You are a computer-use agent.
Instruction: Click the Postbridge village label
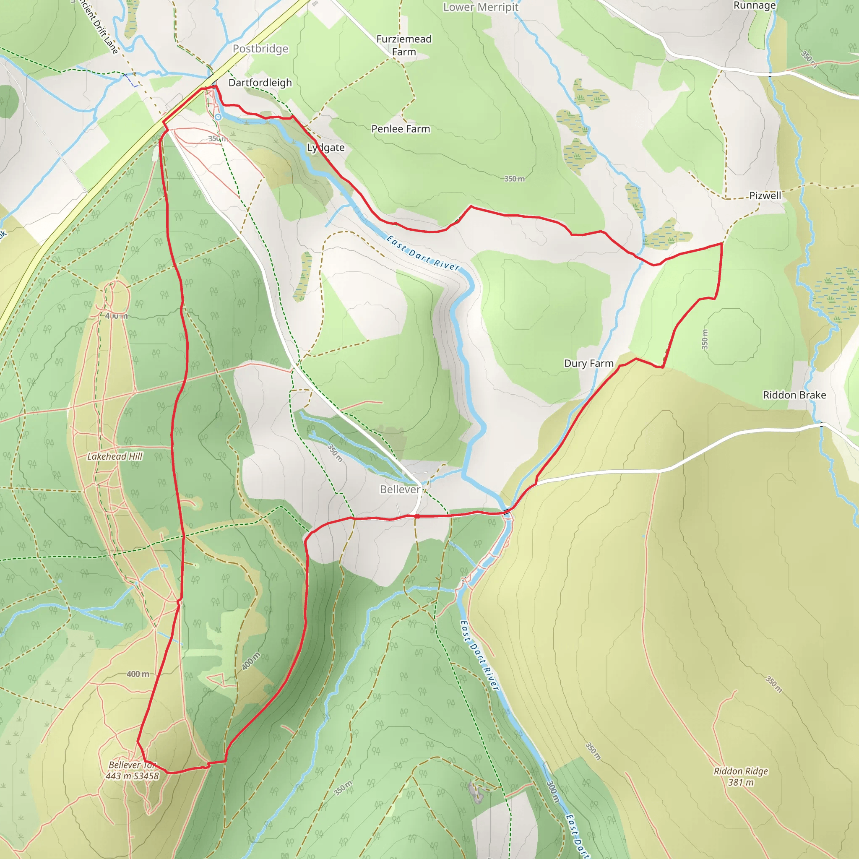point(260,49)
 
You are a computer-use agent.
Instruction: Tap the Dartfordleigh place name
point(260,83)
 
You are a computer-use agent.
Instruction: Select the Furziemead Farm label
point(404,45)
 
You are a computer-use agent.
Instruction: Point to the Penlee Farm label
point(401,129)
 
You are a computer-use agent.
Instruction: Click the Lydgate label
point(326,148)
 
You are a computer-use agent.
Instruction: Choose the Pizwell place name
point(765,195)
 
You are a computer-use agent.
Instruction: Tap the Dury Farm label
point(588,364)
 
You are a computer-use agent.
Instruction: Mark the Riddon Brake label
point(794,395)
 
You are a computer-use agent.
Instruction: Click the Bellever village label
point(400,489)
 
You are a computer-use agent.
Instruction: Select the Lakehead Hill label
point(115,457)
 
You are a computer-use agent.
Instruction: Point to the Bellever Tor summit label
point(132,770)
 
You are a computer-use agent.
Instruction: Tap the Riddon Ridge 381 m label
point(741,777)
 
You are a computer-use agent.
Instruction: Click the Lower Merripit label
point(481,7)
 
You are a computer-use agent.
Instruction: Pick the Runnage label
point(755,6)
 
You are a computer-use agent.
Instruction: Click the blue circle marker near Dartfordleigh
point(218,117)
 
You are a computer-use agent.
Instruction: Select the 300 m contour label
point(552,792)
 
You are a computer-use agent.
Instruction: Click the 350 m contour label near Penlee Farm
point(514,179)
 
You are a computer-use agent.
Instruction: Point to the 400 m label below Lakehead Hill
point(138,674)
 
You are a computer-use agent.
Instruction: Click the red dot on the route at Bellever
point(417,516)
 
